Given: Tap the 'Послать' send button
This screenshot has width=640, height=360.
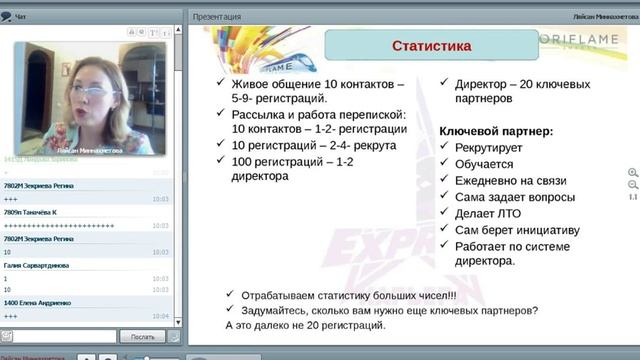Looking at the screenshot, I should click(142, 336).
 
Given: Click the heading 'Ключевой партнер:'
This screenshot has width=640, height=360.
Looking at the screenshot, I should click(496, 131).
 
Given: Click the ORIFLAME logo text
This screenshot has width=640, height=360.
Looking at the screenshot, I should click(581, 39).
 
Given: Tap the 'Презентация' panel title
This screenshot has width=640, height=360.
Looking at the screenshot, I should click(216, 17).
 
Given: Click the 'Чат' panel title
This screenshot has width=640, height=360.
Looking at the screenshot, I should click(20, 17).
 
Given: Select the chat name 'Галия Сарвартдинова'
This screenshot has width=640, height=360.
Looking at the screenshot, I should click(36, 265).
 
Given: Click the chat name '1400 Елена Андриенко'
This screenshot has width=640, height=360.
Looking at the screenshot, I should click(38, 303).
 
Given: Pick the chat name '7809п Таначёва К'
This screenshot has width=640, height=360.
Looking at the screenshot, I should click(30, 212).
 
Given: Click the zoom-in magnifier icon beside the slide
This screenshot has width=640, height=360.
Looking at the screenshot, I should click(632, 172).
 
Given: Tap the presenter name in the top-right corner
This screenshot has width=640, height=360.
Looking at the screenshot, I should click(603, 17).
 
